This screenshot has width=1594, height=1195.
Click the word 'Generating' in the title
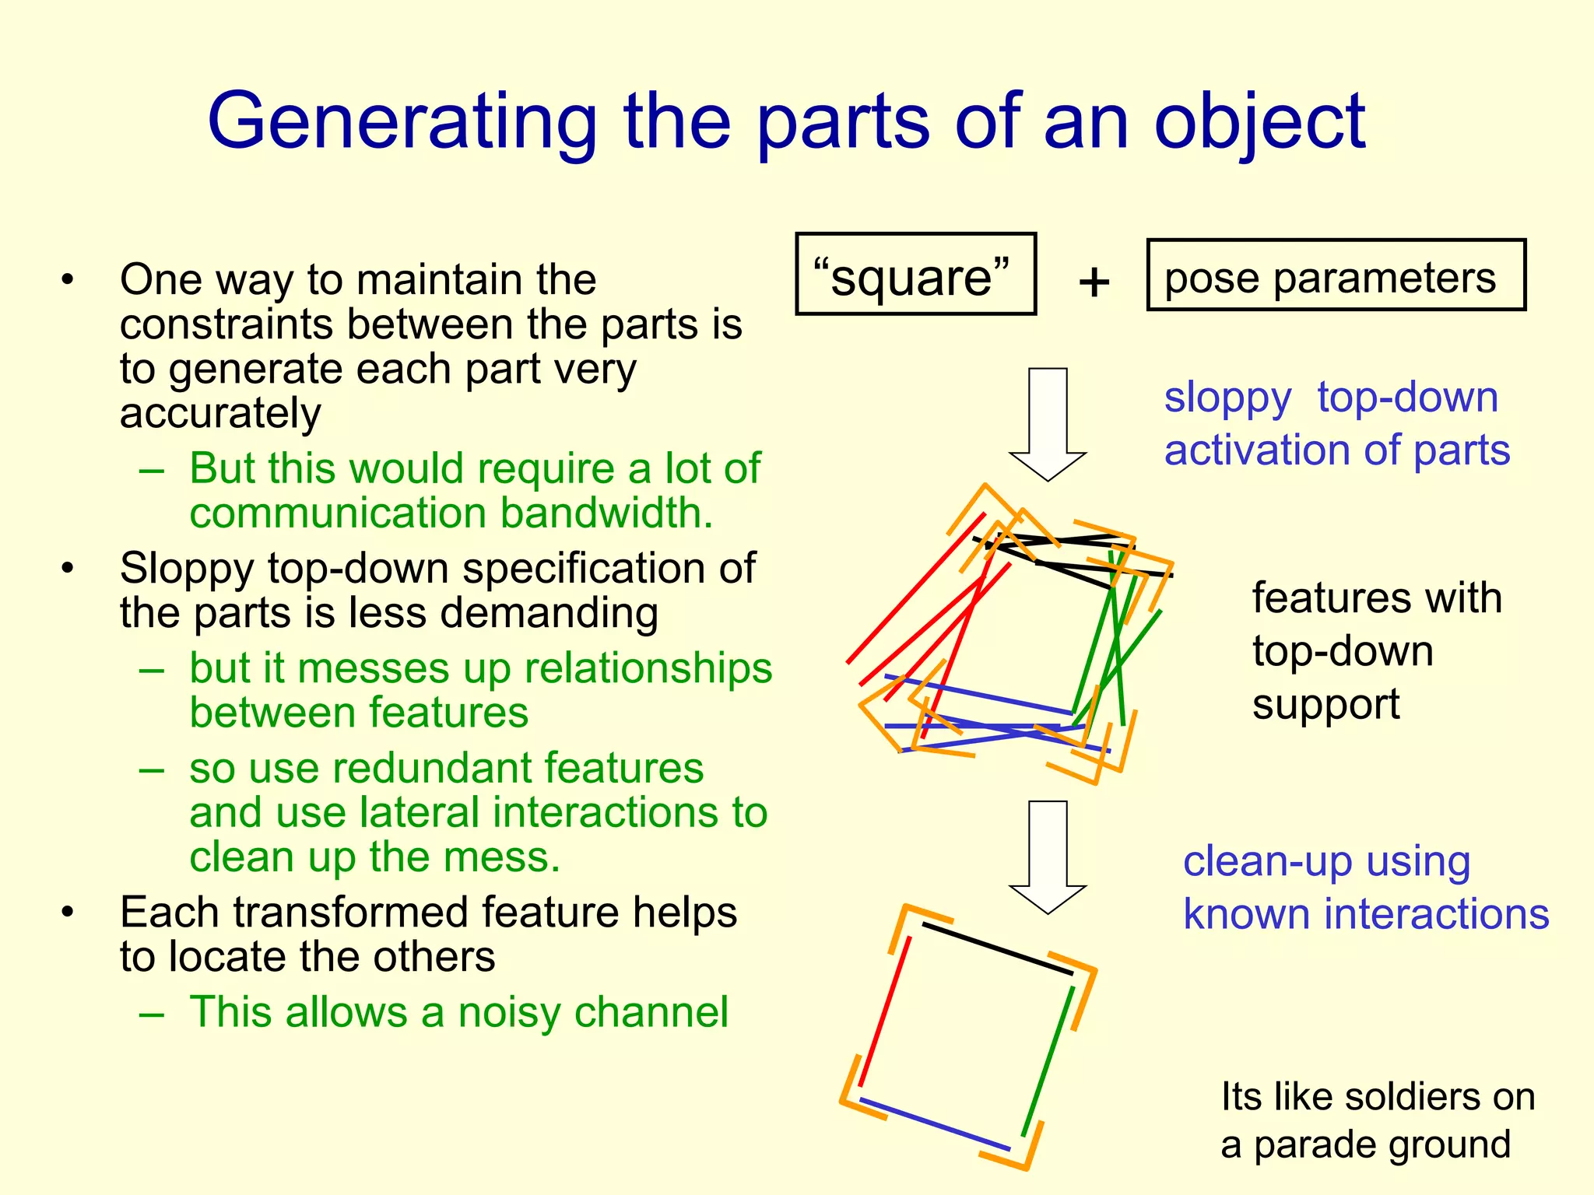coord(402,123)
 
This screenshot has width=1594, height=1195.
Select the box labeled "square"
coord(915,275)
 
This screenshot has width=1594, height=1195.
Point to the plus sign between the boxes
coord(1094,282)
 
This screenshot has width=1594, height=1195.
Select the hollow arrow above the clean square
coord(1048,855)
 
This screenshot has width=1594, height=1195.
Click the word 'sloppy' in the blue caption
coord(1227,399)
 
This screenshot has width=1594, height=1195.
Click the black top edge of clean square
coord(998,948)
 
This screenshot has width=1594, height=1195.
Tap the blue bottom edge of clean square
coord(934,1124)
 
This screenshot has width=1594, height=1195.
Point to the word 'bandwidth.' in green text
coord(607,513)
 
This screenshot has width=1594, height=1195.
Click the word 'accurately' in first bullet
coord(220,413)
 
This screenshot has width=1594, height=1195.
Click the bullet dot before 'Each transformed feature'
coord(68,911)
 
